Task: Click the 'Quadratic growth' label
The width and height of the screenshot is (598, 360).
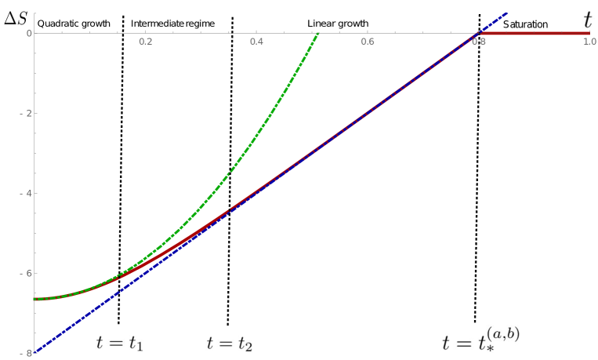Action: pos(74,24)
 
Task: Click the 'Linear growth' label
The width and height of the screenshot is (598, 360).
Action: pos(338,24)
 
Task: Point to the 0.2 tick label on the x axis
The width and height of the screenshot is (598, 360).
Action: pos(145,41)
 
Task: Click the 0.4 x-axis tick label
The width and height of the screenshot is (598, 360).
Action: pos(256,41)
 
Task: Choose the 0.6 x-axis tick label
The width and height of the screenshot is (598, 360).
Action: pos(367,41)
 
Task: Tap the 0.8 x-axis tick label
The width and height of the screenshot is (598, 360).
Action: pos(478,41)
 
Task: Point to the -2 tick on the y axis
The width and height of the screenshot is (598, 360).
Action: pos(27,114)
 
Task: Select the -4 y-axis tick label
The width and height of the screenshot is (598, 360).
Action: pos(27,194)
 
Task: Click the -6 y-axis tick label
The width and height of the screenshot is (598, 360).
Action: pos(27,274)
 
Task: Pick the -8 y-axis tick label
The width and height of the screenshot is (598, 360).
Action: pos(28,354)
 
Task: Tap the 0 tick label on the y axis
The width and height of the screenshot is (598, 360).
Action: pos(28,34)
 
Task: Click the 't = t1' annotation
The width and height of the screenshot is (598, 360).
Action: pos(119,343)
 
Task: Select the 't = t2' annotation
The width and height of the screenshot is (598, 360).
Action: pos(230,343)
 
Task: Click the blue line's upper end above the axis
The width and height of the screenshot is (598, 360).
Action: pos(506,13)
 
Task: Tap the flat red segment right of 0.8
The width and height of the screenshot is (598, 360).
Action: pos(541,33)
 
